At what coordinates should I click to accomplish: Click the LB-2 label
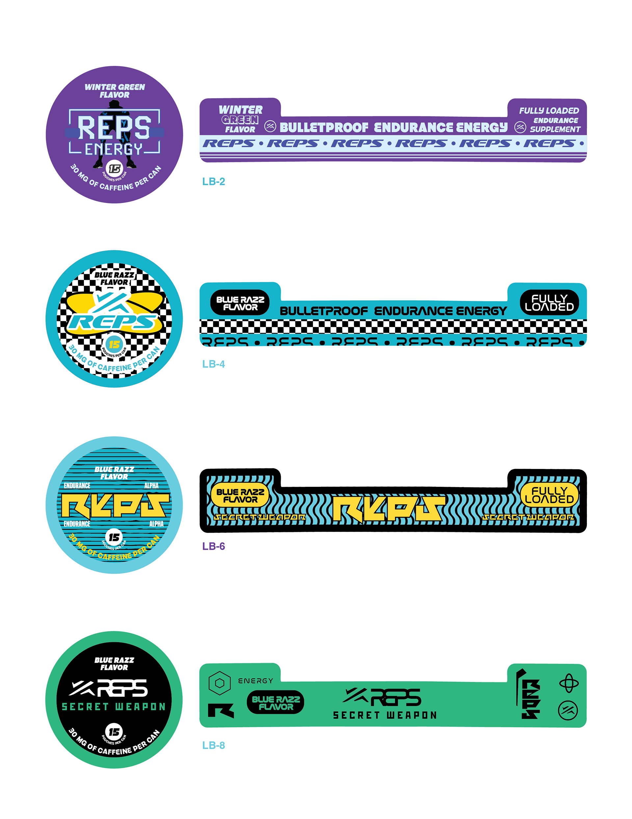click(x=214, y=182)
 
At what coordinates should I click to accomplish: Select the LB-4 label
click(x=214, y=364)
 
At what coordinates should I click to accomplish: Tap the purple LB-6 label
click(x=214, y=546)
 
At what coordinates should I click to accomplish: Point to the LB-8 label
click(x=214, y=745)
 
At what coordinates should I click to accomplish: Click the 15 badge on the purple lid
click(x=114, y=169)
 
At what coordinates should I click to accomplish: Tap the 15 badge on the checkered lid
click(x=114, y=344)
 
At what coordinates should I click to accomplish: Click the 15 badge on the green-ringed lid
click(x=114, y=732)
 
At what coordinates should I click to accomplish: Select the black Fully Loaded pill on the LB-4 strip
click(x=549, y=303)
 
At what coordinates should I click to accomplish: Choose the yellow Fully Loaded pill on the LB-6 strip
click(x=549, y=495)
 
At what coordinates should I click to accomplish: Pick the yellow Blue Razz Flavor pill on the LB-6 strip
click(x=240, y=495)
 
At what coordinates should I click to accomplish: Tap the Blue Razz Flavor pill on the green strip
click(x=276, y=703)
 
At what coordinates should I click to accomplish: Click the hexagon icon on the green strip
click(x=219, y=683)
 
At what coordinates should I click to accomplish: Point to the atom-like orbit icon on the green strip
click(x=569, y=683)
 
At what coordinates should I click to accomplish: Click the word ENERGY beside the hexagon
click(x=255, y=681)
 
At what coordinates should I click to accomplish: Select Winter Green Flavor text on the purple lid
click(x=115, y=91)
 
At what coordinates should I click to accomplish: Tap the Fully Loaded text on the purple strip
click(x=549, y=111)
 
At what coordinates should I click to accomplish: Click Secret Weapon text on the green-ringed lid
click(x=114, y=707)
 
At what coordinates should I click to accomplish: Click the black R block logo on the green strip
click(x=221, y=710)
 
